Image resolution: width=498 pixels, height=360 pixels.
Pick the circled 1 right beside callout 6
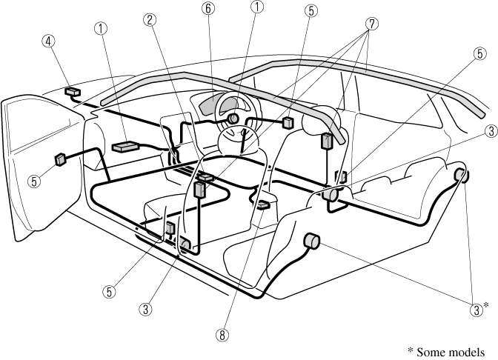click(x=256, y=7)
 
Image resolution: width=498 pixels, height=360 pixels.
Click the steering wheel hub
click(x=233, y=119)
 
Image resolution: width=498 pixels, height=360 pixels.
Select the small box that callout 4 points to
click(x=73, y=92)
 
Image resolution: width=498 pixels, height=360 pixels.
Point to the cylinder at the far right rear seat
click(x=459, y=176)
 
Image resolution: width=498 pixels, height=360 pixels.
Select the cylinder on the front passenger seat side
click(x=312, y=241)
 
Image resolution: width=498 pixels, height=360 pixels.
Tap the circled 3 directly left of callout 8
click(x=148, y=307)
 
